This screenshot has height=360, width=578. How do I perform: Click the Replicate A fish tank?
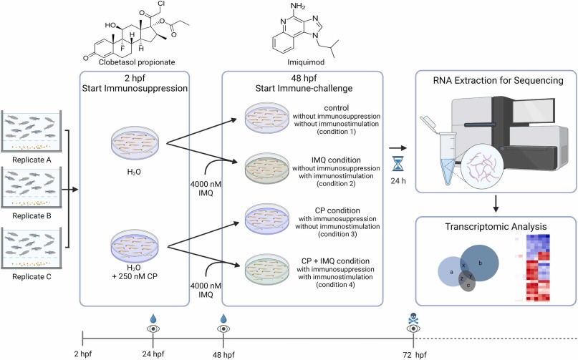(x=32, y=131)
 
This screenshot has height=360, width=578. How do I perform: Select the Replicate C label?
(x=32, y=277)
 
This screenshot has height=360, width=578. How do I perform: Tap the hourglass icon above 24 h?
(x=398, y=164)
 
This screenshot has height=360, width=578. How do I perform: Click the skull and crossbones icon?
(x=413, y=318)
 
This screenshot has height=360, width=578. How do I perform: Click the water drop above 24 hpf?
(x=153, y=318)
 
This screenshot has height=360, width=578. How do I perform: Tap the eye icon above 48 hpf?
(x=223, y=329)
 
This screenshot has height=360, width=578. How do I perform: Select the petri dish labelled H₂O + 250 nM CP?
(x=135, y=245)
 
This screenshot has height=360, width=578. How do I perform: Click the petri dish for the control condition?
(x=267, y=117)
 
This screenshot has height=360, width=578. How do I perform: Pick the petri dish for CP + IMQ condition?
(x=267, y=269)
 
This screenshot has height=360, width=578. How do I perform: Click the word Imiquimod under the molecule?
(x=306, y=62)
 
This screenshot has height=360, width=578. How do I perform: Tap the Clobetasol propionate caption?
(x=137, y=62)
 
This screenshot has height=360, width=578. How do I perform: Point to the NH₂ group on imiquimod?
(x=298, y=6)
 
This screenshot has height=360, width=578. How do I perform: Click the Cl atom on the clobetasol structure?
(x=162, y=4)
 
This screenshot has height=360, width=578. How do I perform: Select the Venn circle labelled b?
(x=479, y=263)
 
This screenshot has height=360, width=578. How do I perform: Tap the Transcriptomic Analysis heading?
(x=496, y=226)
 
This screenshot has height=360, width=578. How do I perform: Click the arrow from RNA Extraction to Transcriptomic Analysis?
(x=496, y=204)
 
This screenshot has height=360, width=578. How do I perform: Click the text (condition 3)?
(x=337, y=234)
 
